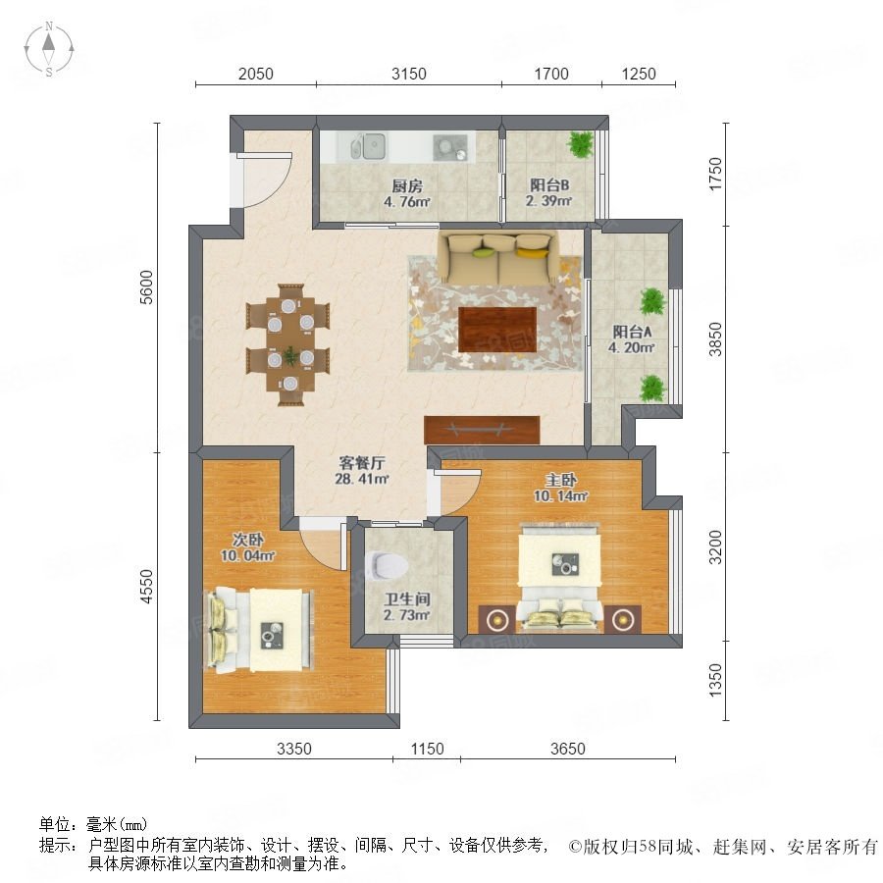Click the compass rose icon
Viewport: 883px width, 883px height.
pos(49,49)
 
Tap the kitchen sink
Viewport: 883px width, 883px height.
pos(368,146)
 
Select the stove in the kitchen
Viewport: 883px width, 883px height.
pos(450,148)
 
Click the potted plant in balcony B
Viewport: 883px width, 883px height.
pos(581,144)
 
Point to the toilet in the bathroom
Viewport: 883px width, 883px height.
pos(389,565)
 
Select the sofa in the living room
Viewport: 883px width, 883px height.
pos(498,258)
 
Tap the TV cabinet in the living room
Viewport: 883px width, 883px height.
pos(482,430)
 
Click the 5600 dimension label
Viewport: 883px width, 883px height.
pos(146,287)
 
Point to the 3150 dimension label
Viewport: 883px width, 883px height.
pos(409,74)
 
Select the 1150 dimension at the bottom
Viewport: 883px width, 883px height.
pos(427,749)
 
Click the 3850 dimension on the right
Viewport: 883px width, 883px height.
pos(715,339)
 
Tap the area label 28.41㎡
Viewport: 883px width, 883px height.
pos(361,479)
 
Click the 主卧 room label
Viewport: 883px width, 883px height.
pos(561,481)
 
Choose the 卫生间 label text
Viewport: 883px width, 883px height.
pos(407,598)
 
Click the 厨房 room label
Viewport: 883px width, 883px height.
pos(407,185)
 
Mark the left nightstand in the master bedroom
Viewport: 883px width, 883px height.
pos(497,619)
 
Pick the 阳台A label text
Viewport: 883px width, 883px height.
pos(632,332)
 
